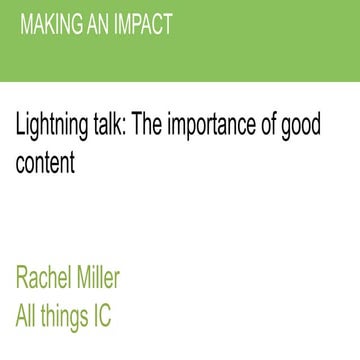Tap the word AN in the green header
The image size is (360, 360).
[97, 24]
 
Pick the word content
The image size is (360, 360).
[45, 162]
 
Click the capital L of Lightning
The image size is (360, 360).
[20, 127]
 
